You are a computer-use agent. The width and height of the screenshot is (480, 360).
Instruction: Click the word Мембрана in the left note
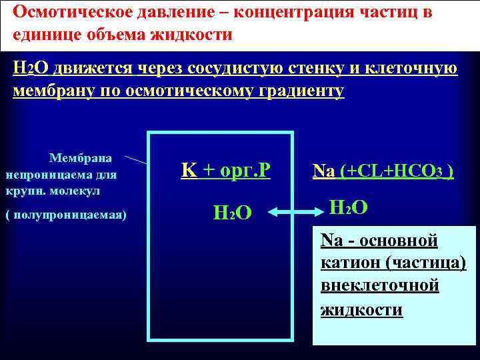pyautogui.click(x=81, y=158)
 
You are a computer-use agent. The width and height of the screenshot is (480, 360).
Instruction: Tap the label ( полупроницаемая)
pyautogui.click(x=66, y=215)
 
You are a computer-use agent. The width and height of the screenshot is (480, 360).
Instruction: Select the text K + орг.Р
pyautogui.click(x=225, y=171)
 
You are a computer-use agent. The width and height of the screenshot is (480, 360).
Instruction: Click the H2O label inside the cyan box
pyautogui.click(x=231, y=213)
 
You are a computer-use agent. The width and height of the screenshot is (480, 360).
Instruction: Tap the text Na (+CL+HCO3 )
pyautogui.click(x=384, y=171)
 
